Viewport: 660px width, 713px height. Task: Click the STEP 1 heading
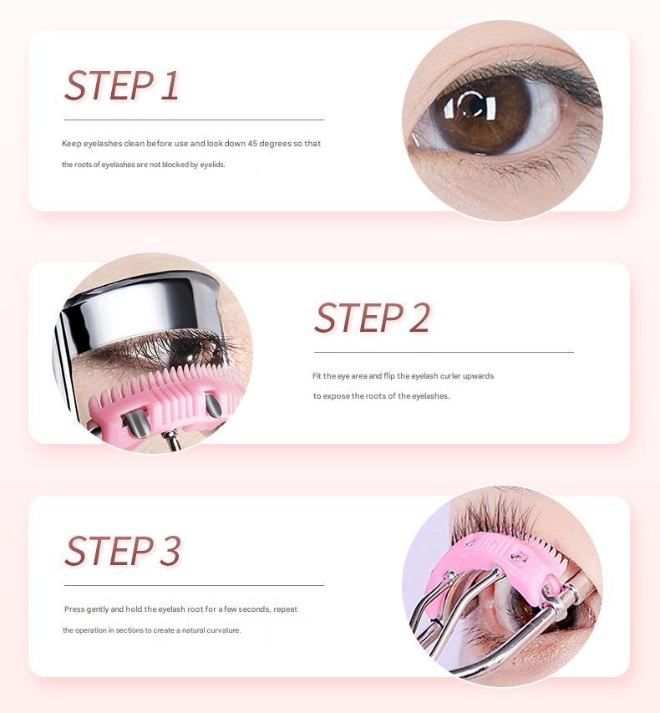click(122, 85)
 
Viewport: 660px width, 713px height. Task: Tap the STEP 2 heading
click(372, 318)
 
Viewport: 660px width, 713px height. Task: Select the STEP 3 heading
click(123, 551)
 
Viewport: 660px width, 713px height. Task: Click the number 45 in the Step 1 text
click(252, 144)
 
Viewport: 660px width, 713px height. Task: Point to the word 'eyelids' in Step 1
click(212, 165)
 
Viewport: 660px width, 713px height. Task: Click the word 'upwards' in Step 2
click(478, 376)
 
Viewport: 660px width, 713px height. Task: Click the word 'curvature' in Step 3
click(224, 630)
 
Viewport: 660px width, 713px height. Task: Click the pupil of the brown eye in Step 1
click(473, 105)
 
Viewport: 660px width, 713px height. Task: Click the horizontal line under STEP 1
click(194, 120)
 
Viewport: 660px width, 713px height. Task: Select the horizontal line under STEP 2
click(444, 352)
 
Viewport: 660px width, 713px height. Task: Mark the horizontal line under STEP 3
click(194, 585)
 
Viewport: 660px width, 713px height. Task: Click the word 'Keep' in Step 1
click(71, 144)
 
